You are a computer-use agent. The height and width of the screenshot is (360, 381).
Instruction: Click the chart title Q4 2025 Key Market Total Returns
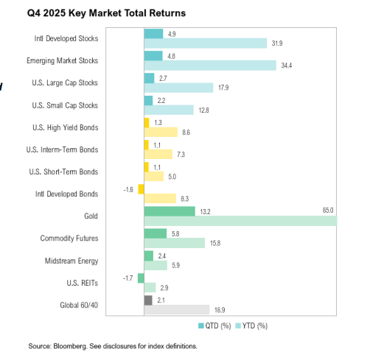[x=107, y=13]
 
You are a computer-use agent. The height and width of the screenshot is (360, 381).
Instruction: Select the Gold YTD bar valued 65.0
[x=240, y=221]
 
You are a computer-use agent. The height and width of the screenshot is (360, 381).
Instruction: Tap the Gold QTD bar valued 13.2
[x=169, y=211]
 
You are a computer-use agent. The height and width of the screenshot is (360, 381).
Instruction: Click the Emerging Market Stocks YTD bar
[x=210, y=66]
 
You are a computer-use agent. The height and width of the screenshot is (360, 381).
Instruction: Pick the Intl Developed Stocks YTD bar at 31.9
[x=205, y=43]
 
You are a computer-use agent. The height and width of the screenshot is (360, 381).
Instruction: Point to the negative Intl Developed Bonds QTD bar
[x=141, y=188]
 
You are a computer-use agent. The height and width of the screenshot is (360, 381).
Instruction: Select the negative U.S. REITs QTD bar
[x=140, y=278]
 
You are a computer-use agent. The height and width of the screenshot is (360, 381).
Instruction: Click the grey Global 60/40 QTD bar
[x=147, y=300]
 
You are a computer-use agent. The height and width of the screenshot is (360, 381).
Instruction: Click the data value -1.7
[x=128, y=278]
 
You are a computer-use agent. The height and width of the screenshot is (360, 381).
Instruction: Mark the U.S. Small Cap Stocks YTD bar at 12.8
[x=169, y=110]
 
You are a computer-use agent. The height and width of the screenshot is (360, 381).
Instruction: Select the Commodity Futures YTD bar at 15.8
[x=174, y=243]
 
